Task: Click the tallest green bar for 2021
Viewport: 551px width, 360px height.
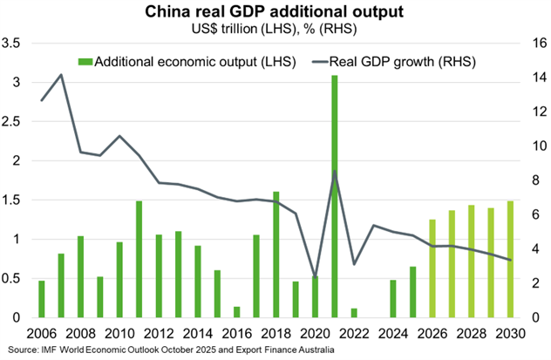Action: (x=334, y=196)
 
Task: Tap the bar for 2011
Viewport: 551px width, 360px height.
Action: (x=139, y=259)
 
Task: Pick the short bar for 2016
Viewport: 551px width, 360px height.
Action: (x=237, y=311)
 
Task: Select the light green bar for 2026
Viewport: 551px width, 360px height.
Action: (x=432, y=268)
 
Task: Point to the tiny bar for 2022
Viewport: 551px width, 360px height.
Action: (x=354, y=312)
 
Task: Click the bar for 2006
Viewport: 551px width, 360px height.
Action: (x=41, y=299)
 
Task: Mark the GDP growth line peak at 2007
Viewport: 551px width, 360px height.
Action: (x=61, y=75)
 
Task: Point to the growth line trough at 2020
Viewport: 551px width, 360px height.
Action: (x=315, y=276)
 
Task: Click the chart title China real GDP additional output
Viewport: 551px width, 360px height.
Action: (x=275, y=11)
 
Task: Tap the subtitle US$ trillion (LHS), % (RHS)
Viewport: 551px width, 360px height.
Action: (x=275, y=28)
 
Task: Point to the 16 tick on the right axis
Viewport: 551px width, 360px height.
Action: (x=534, y=43)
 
